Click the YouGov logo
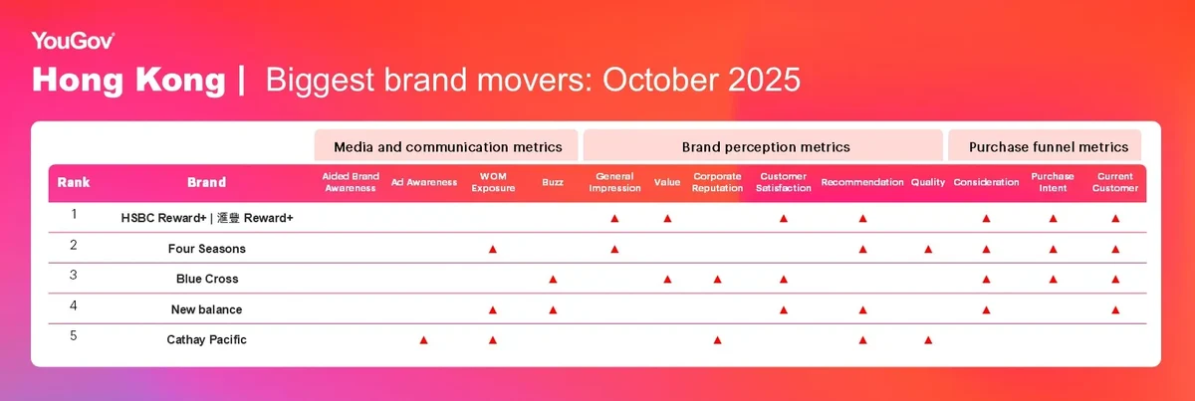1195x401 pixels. point(73,41)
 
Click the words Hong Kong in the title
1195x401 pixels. point(128,81)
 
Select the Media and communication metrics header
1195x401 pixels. point(447,146)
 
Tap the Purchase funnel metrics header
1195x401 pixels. point(1049,146)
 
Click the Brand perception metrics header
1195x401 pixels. point(766,146)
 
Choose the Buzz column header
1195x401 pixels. point(553,182)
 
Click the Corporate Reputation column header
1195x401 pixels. point(717,182)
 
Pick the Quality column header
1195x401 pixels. point(928,182)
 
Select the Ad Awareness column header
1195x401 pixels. point(424,182)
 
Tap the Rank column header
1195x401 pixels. point(74,182)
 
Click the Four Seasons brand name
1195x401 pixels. point(206,249)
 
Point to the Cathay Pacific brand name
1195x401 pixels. point(206,339)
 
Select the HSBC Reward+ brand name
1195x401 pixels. point(207,218)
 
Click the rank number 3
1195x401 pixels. point(74,276)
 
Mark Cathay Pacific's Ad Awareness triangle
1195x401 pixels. point(423,340)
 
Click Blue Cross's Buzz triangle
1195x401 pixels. point(553,280)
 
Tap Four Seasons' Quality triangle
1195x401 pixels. point(928,249)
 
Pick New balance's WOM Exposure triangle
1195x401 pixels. point(492,309)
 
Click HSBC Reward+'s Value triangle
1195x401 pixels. point(667,218)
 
